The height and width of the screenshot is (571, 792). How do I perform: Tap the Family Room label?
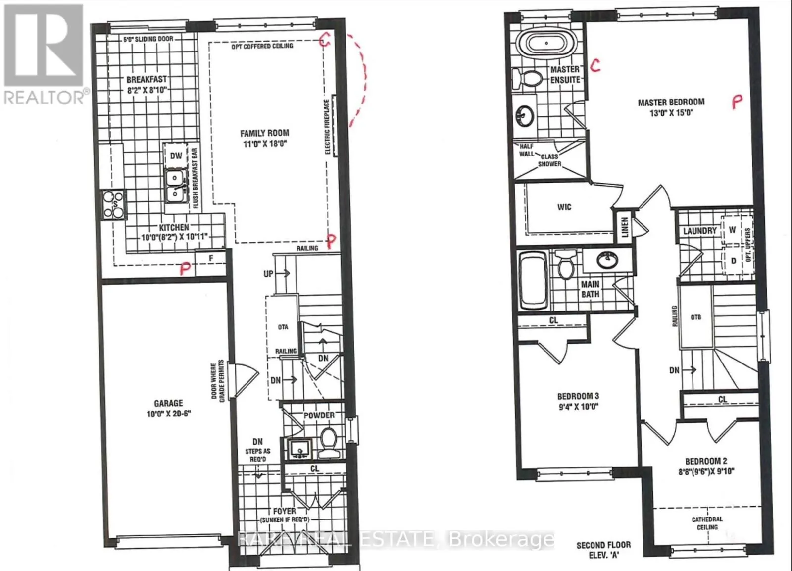click(x=264, y=133)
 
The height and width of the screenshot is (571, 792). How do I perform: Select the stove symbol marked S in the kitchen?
click(x=114, y=205)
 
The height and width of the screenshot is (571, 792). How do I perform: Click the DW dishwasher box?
click(x=176, y=156)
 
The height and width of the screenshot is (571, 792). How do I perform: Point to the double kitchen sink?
click(x=175, y=186)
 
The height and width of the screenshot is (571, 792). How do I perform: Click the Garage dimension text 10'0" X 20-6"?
click(x=168, y=414)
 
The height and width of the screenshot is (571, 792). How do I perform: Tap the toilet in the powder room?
click(x=327, y=442)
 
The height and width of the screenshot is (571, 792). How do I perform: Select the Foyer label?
click(x=285, y=511)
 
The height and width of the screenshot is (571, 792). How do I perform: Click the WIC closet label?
click(x=564, y=207)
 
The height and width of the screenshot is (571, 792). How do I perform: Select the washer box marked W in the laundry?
click(x=732, y=230)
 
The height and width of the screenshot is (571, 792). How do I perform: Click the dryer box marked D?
click(x=733, y=260)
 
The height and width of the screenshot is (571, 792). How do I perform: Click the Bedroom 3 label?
click(x=578, y=396)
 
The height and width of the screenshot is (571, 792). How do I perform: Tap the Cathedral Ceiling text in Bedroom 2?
click(x=707, y=523)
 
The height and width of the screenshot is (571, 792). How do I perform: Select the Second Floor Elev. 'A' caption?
click(x=603, y=550)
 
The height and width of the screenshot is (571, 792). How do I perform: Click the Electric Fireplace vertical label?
click(x=327, y=127)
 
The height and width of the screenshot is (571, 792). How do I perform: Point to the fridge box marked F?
click(x=211, y=258)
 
